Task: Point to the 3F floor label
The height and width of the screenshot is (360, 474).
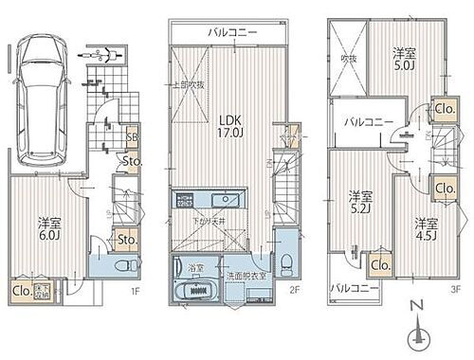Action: point(454,290)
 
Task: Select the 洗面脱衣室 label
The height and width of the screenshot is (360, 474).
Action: point(246,276)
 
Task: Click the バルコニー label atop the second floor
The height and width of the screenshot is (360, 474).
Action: point(230,33)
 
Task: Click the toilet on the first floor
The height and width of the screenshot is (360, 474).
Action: point(118,267)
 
